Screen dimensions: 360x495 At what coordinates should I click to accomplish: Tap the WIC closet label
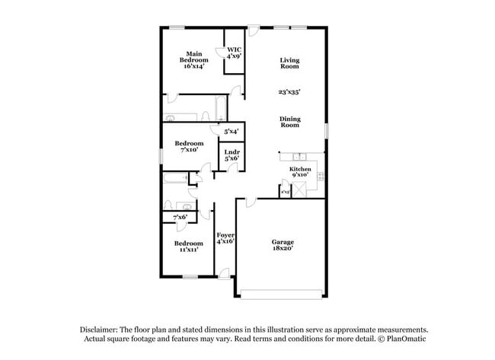click(234, 53)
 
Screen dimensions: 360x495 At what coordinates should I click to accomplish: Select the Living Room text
click(289, 63)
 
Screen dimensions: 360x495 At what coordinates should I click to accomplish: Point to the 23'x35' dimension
click(289, 92)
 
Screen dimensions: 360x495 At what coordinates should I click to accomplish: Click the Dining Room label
click(289, 121)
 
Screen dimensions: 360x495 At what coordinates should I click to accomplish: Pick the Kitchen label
click(300, 170)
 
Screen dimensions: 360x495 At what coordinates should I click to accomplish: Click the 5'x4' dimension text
click(232, 132)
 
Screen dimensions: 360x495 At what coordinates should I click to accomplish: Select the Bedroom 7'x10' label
click(189, 147)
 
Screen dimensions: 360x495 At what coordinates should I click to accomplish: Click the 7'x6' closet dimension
click(180, 218)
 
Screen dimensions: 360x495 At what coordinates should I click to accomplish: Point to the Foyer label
click(225, 237)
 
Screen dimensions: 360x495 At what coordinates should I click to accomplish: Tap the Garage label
click(283, 245)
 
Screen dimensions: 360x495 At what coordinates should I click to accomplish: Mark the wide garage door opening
click(283, 294)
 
